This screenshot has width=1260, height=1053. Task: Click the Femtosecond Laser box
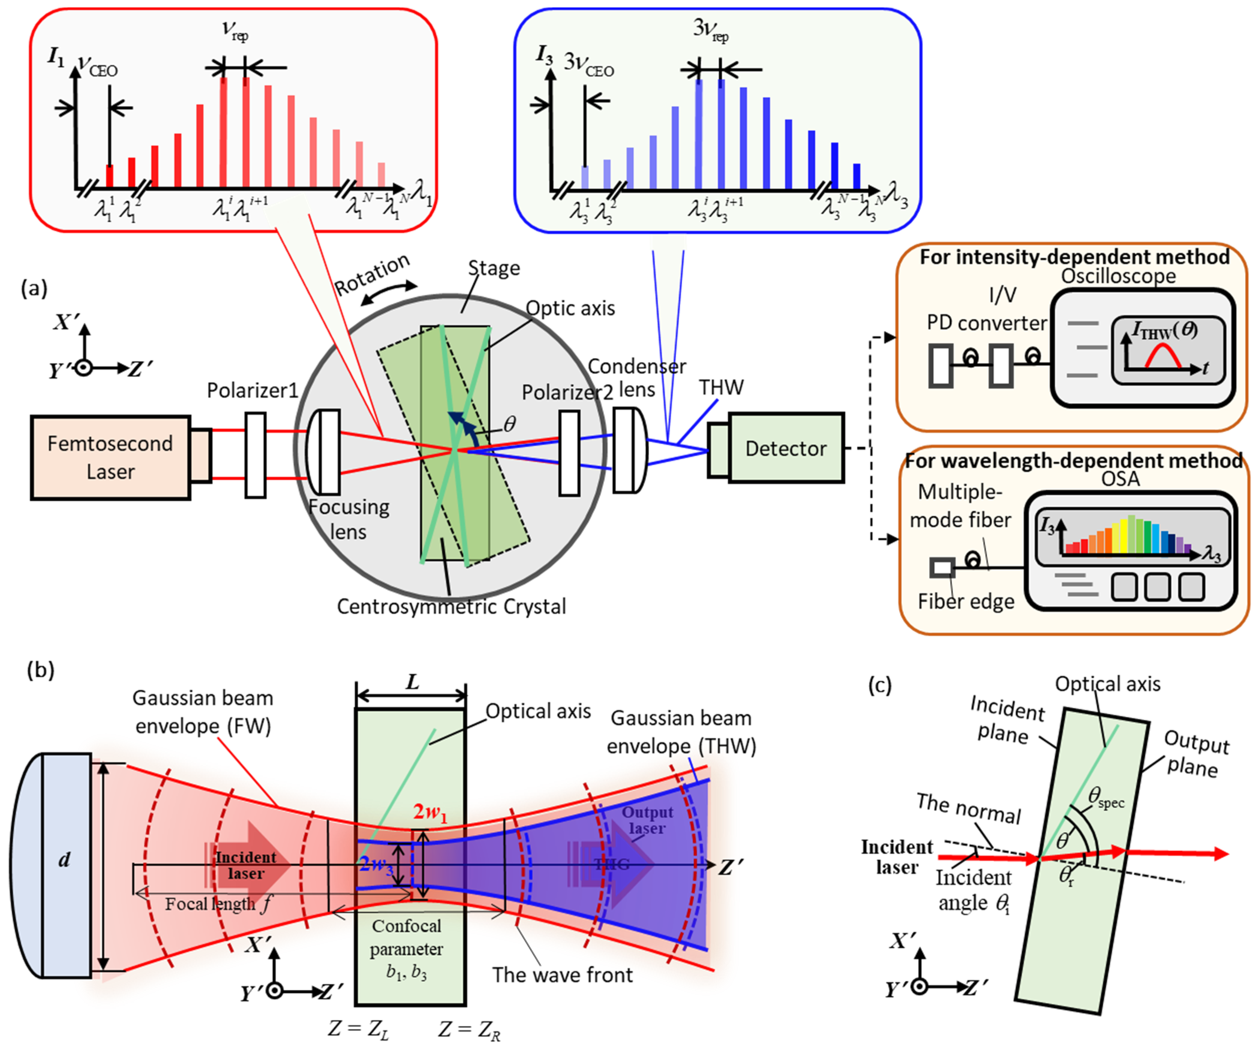point(111,457)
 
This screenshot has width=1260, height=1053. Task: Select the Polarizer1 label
point(252,391)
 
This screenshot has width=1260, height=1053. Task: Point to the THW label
point(721,388)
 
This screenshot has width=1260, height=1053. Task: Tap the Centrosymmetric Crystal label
point(451,606)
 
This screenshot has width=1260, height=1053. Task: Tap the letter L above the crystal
point(412,682)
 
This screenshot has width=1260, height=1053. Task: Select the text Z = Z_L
point(358,1029)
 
